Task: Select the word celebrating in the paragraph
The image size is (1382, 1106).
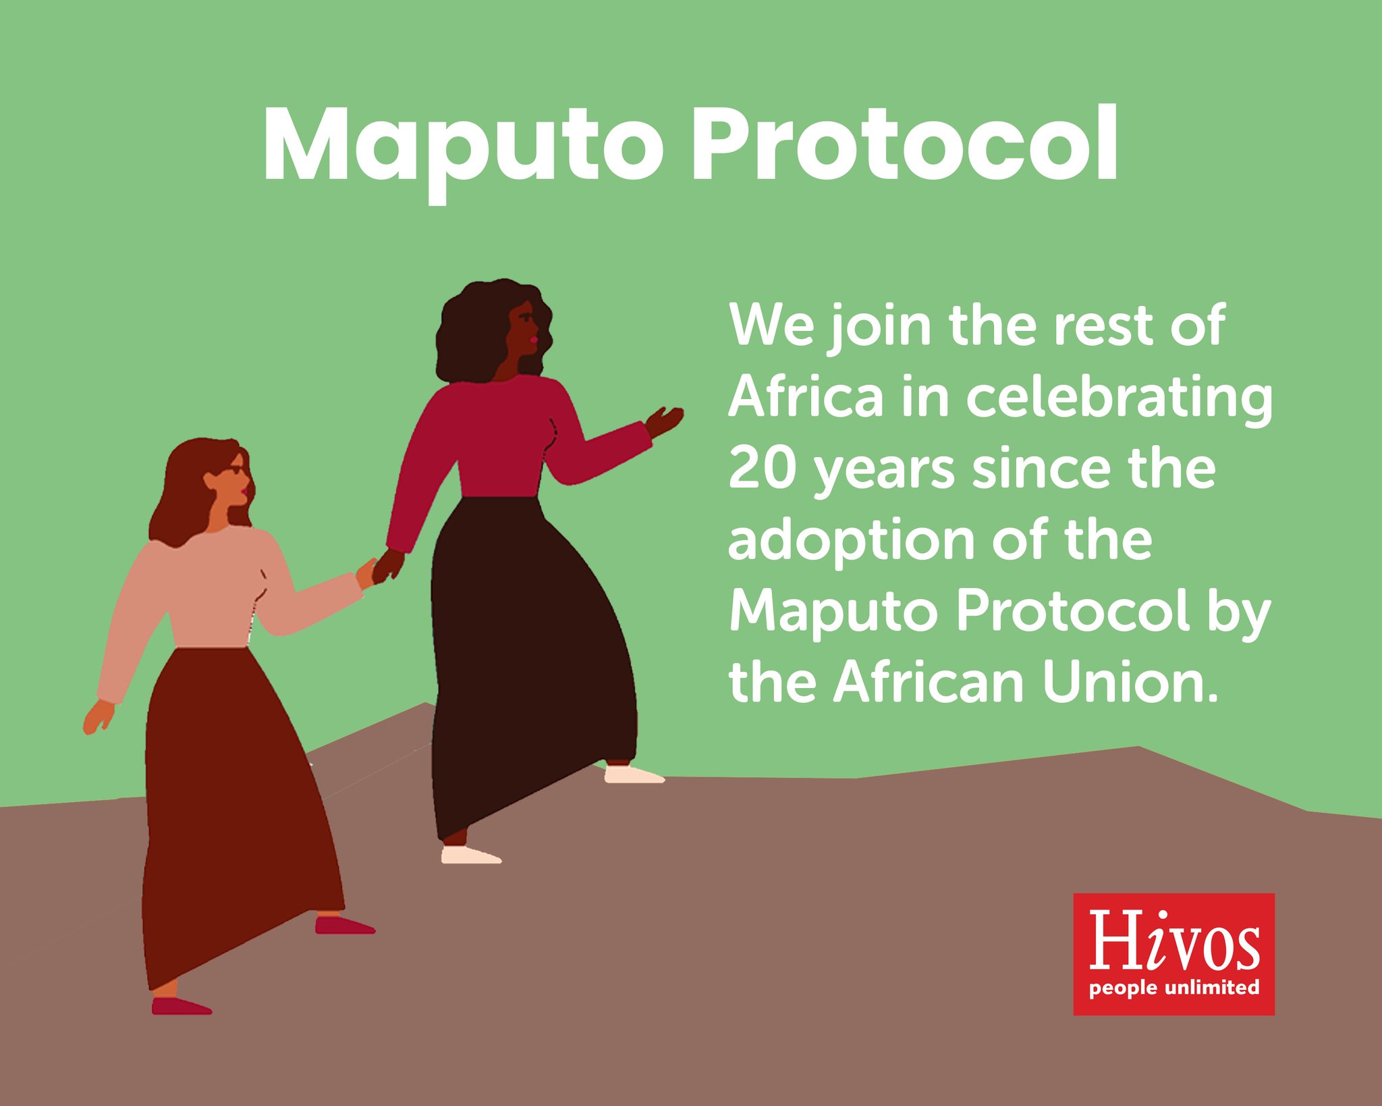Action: [1120, 398]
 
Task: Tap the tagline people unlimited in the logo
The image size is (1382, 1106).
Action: [1173, 988]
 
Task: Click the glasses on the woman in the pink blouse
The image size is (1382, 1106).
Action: [236, 470]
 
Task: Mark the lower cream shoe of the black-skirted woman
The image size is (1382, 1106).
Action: [470, 855]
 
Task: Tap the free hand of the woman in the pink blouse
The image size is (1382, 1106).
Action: [98, 716]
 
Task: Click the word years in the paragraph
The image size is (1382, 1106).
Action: [885, 471]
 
